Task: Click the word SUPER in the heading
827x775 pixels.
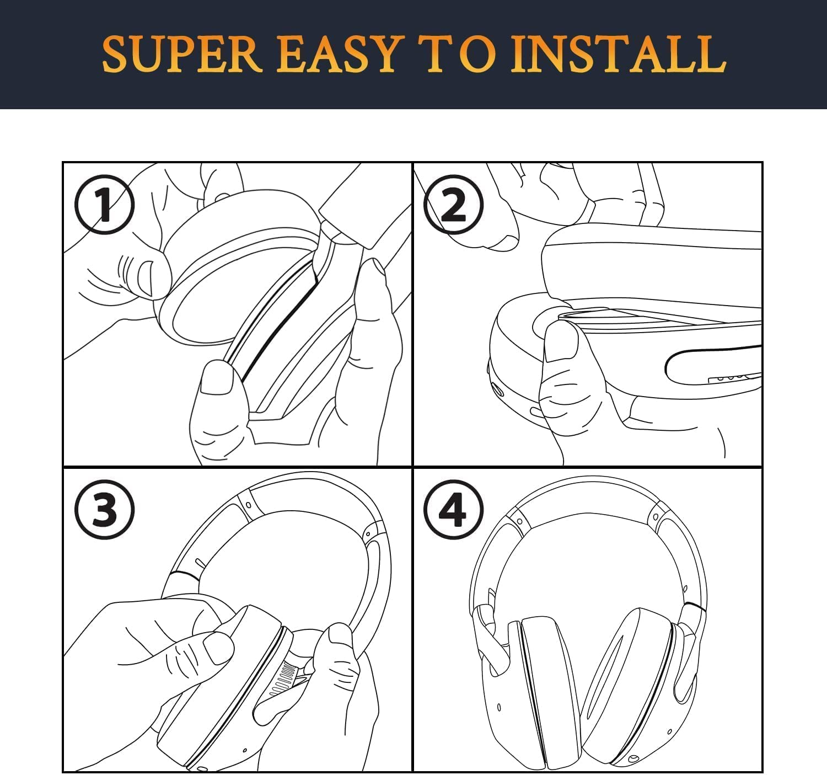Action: (x=182, y=54)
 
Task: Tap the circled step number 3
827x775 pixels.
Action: (x=105, y=510)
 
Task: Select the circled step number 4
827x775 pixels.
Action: (x=454, y=510)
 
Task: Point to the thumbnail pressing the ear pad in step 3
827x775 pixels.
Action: (x=219, y=649)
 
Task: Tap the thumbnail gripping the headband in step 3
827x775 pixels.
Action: (x=340, y=636)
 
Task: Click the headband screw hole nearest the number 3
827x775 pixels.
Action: (x=248, y=505)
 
